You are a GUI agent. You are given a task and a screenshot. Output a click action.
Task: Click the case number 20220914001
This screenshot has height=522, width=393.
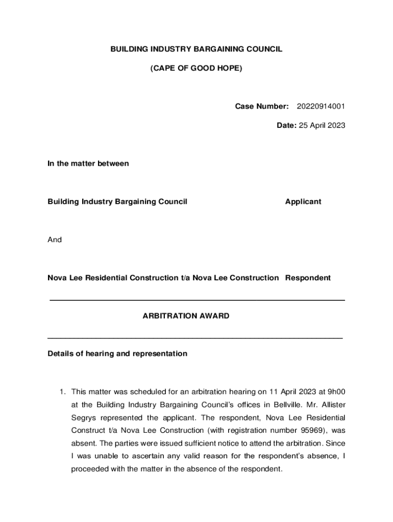321,106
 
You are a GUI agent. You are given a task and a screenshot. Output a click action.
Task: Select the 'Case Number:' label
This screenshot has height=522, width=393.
262,106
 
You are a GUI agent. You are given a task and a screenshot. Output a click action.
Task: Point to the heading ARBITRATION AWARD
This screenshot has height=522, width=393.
186,316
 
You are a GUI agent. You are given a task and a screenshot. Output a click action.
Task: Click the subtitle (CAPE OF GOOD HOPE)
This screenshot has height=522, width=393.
196,68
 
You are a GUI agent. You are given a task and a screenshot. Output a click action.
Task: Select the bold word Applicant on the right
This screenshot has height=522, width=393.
303,202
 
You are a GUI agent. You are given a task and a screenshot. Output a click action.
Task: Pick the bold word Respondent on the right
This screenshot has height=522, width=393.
308,278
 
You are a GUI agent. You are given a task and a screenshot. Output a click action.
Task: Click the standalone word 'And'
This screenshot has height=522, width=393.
55,240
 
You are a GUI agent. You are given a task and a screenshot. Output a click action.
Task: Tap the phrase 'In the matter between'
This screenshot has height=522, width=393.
88,164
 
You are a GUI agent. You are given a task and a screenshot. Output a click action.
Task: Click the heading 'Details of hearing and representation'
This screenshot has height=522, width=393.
117,354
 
